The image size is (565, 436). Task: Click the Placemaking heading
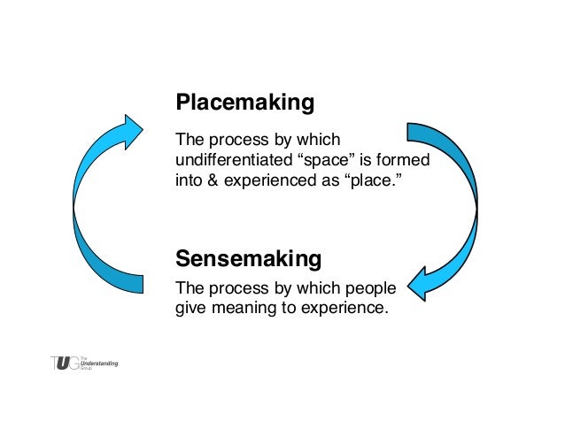coord(244,103)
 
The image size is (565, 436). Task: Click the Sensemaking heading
coord(248,259)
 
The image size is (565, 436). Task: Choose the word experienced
coord(271,181)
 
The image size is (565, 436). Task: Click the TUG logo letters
coord(64,363)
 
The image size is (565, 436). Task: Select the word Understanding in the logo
coord(99,363)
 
